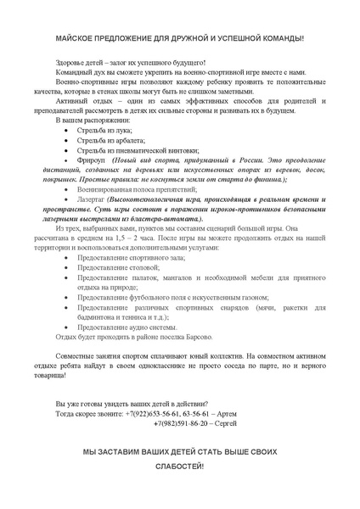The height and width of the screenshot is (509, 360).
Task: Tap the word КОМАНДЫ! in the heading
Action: pyautogui.click(x=278, y=39)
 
